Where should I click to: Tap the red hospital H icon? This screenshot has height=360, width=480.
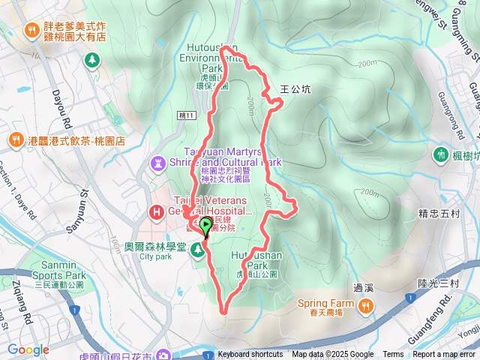coord(157,212)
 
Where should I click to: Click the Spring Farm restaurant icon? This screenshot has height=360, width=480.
coord(366,304)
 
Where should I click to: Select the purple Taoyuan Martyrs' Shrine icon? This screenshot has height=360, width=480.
coord(157,161)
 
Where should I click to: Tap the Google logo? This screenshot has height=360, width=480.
coord(28,349)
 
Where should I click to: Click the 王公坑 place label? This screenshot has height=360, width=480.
coord(295,88)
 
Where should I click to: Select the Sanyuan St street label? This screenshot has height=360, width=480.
coord(85,203)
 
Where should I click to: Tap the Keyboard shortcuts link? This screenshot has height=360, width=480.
coord(250,355)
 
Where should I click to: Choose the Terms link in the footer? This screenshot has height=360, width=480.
coord(393,355)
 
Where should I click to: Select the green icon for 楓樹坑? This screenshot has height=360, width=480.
coord(440,155)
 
